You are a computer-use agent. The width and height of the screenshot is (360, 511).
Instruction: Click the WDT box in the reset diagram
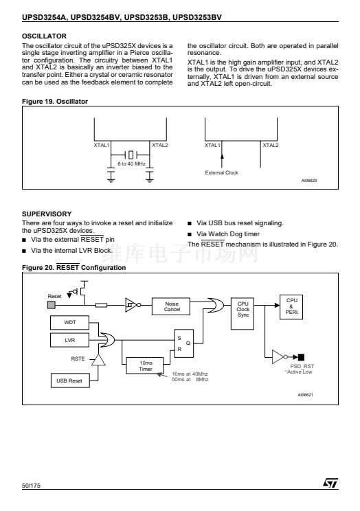(x=70, y=322)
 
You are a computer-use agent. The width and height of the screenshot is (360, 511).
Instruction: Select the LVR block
(x=70, y=340)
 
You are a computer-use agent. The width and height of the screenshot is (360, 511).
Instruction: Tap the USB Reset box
(x=70, y=381)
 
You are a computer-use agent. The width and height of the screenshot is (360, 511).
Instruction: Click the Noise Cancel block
(x=171, y=306)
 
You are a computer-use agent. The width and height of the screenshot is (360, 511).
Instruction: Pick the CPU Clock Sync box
(x=243, y=313)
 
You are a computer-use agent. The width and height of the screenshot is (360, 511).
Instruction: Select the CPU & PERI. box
(x=291, y=306)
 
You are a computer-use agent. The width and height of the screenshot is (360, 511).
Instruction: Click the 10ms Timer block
(x=145, y=365)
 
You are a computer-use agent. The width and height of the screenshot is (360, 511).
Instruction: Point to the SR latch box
(x=184, y=343)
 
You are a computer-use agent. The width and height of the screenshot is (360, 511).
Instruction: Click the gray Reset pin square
(x=52, y=305)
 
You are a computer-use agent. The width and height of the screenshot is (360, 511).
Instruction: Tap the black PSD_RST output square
(x=301, y=357)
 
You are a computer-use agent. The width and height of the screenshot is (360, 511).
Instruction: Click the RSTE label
(x=78, y=359)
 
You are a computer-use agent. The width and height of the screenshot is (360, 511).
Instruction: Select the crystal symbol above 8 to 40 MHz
(x=131, y=154)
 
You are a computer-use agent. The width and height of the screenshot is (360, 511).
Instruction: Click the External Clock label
(x=222, y=172)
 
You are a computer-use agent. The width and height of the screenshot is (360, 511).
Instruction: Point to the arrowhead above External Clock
(x=222, y=156)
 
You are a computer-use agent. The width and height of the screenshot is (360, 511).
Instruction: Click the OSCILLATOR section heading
(x=44, y=36)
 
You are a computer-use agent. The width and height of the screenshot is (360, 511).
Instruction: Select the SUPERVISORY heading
(x=47, y=214)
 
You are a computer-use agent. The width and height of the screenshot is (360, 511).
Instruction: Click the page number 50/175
(x=32, y=486)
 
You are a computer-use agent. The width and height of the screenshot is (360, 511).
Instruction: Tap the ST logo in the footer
(x=330, y=483)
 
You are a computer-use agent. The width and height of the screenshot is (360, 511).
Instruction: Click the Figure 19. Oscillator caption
(x=55, y=102)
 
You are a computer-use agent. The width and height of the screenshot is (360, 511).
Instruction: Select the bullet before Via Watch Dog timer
(x=190, y=234)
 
